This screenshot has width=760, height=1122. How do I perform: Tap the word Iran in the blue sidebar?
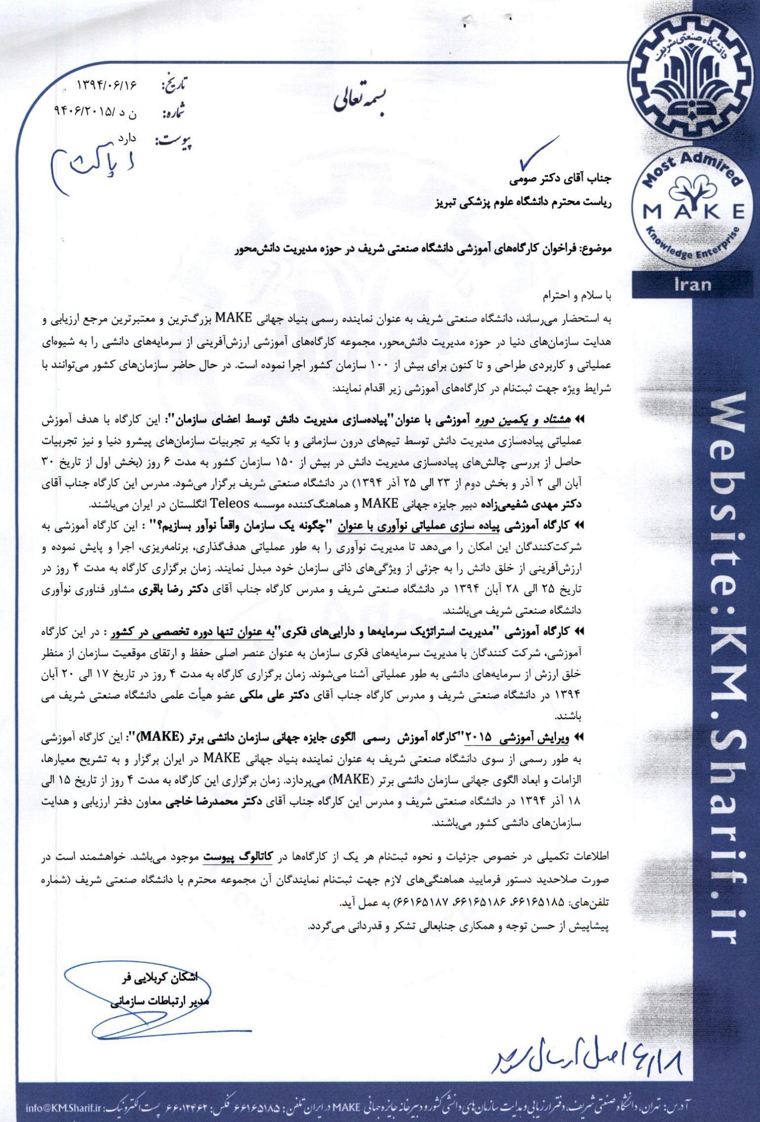coord(693,284)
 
